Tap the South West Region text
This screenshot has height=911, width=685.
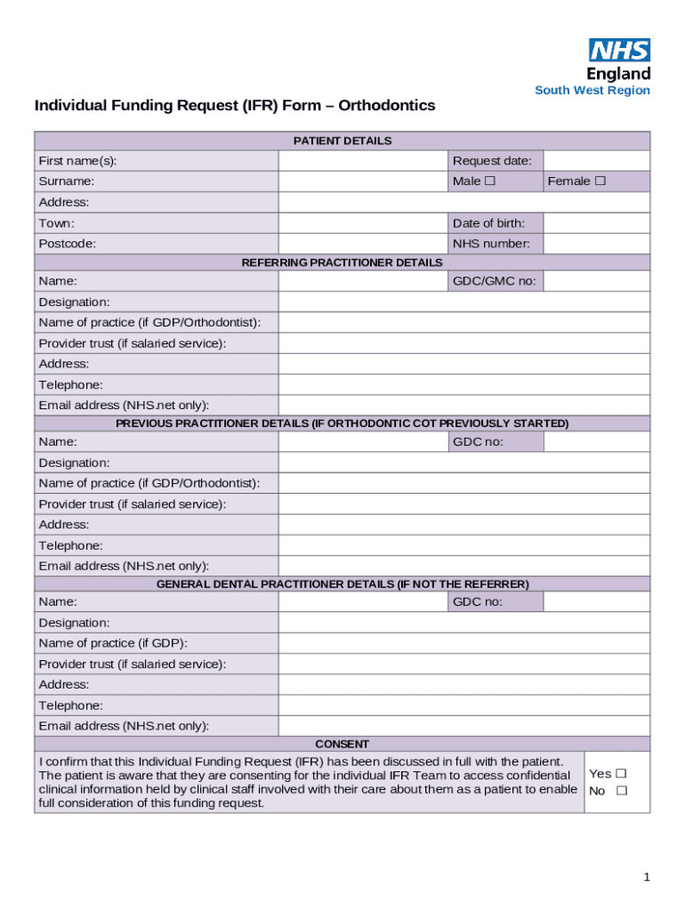[x=592, y=91]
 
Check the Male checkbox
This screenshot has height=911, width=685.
[x=490, y=181]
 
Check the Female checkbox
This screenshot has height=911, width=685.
[x=600, y=181]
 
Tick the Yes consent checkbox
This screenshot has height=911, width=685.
[x=621, y=774]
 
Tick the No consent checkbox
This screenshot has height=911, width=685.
[x=621, y=791]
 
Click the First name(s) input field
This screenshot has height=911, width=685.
[x=363, y=161]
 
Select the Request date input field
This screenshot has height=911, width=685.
[x=596, y=161]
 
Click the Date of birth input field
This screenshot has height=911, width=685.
[x=596, y=223]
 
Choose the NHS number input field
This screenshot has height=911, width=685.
[x=596, y=244]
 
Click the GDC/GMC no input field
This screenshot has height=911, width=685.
[x=596, y=281]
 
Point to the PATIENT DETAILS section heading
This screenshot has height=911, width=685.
[x=342, y=141]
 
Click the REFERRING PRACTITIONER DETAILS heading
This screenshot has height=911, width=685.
[x=342, y=262]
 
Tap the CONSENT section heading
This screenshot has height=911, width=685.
[x=342, y=744]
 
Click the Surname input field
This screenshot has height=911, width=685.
[x=363, y=181]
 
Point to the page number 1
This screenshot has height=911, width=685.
[x=647, y=877]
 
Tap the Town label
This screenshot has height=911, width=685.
[x=57, y=223]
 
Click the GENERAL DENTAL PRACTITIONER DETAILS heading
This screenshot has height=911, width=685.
[x=342, y=584]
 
